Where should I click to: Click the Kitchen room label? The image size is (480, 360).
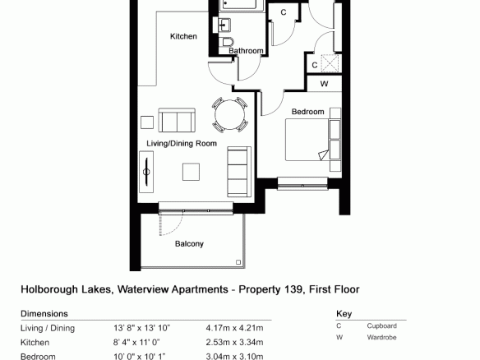tap(183, 36)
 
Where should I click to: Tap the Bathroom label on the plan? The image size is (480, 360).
tap(246, 50)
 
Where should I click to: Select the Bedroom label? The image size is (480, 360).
tap(307, 112)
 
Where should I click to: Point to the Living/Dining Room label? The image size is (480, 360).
tap(182, 143)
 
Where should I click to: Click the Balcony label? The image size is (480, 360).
tap(189, 244)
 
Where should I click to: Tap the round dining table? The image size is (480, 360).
tap(229, 115)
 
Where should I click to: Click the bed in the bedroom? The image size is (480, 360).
tap(307, 140)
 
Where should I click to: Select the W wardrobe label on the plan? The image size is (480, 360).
tap(324, 84)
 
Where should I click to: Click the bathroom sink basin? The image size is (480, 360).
tap(224, 25)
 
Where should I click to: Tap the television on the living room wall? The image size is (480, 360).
tap(146, 172)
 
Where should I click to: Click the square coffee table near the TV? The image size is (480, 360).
tap(191, 172)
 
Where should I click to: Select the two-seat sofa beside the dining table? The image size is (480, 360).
tap(177, 120)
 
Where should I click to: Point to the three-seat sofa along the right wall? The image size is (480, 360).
tap(239, 172)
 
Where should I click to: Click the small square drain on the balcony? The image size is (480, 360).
tap(238, 262)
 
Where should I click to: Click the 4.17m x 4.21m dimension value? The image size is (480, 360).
tap(234, 328)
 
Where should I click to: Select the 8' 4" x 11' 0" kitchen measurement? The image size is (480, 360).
tap(136, 342)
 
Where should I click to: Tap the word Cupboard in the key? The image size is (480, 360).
tap(381, 326)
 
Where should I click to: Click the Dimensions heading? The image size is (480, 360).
tap(44, 314)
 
